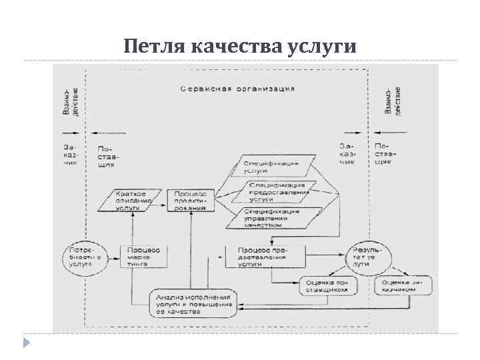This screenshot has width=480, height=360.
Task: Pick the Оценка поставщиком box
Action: [328, 286]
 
